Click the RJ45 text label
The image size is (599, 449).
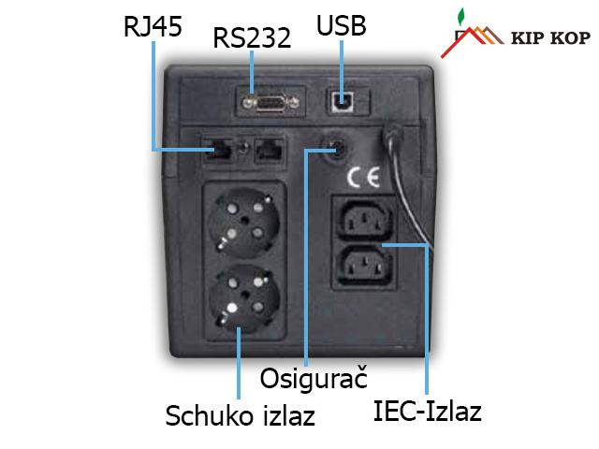pos(153,24)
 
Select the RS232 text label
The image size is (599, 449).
pos(252,38)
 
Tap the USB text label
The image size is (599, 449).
pos(342,24)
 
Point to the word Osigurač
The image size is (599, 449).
pos(313,380)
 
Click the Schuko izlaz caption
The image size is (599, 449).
pos(240,414)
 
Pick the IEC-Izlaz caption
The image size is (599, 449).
pos(427,411)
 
